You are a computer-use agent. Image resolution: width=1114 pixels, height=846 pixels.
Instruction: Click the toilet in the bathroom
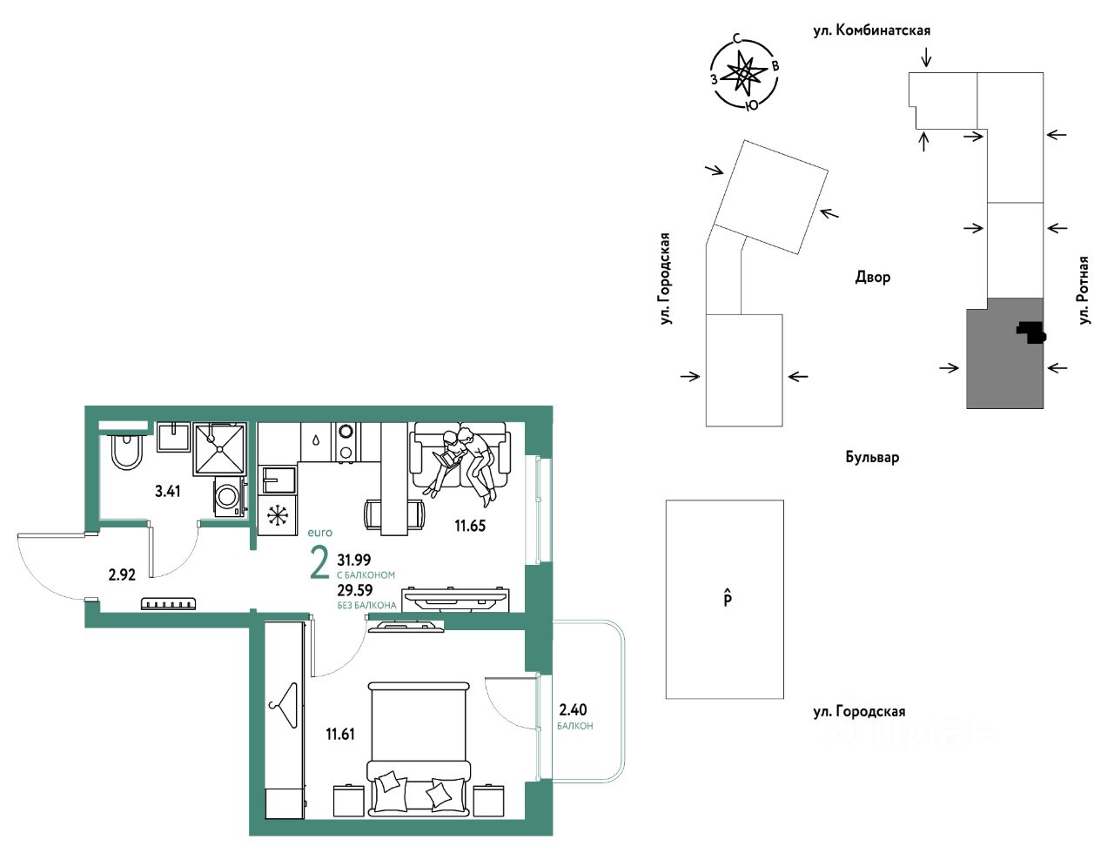(127, 451)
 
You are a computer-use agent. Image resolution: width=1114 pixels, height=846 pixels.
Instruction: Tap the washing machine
(229, 496)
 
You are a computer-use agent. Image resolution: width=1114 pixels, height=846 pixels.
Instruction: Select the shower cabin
(219, 448)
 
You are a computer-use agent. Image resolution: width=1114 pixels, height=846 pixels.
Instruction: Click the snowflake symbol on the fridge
(277, 515)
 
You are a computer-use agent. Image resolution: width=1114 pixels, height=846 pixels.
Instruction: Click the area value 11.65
(469, 526)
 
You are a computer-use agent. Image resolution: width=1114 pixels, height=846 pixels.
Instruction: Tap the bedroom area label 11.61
(339, 734)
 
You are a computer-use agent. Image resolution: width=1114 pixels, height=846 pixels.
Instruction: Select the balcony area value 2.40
(573, 709)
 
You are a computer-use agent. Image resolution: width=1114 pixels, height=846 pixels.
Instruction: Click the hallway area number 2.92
(122, 574)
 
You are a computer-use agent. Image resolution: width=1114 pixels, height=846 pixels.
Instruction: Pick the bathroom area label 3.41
(167, 491)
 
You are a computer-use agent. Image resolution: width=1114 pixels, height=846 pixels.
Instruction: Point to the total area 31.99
(353, 560)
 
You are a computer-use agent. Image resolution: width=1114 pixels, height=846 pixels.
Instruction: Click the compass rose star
(742, 74)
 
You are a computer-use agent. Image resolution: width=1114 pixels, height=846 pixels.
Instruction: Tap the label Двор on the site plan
(872, 277)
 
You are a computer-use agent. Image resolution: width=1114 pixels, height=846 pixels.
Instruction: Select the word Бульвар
(872, 457)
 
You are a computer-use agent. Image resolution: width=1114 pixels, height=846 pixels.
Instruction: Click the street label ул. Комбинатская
(872, 30)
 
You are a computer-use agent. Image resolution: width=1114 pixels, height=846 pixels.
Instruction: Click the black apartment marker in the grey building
(1031, 332)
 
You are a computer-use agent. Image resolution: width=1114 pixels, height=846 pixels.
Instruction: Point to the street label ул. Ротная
(1084, 291)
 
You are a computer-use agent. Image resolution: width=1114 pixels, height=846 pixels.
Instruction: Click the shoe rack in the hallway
(169, 603)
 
